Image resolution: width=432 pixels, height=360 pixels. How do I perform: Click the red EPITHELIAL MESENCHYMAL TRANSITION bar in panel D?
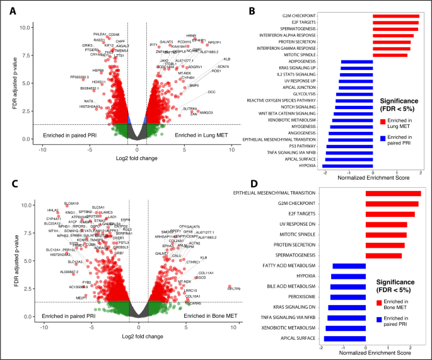tap(393, 193)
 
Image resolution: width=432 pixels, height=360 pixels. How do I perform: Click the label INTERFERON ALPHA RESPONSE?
tap(329, 36)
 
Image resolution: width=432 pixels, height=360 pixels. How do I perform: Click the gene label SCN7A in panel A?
tap(223, 67)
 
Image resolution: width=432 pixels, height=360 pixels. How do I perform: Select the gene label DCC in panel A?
tap(211, 92)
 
